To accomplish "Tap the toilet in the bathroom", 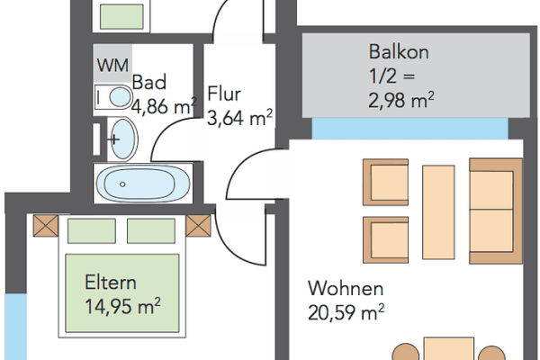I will [114, 96].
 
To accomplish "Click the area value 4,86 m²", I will [164, 106].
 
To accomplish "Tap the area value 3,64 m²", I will [239, 116].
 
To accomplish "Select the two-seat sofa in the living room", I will [496, 210].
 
